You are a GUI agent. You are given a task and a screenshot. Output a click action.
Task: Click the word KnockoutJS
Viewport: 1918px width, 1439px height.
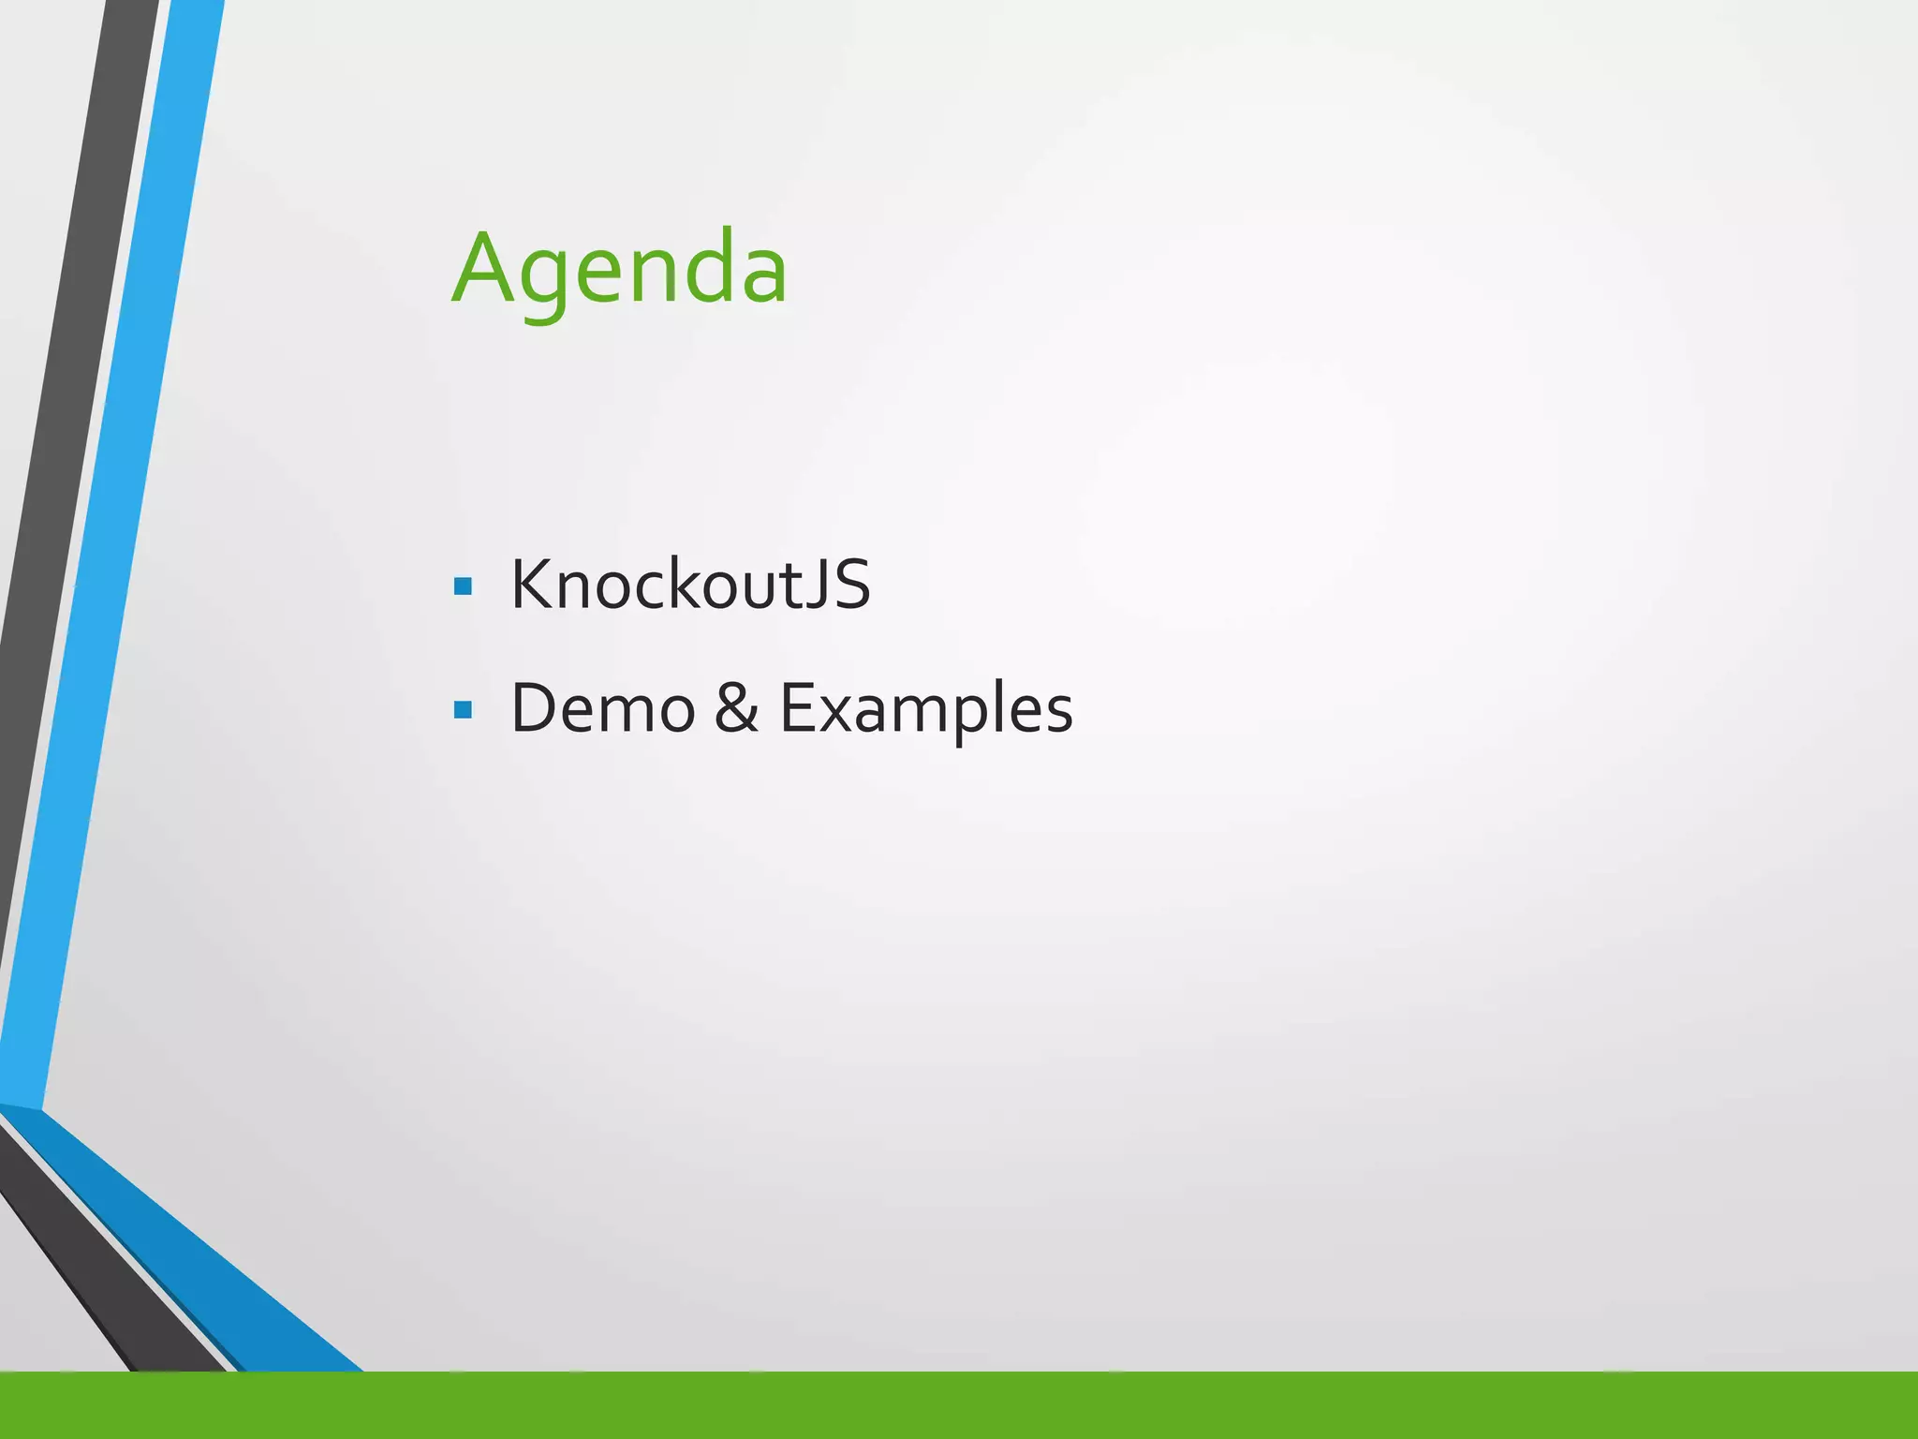tap(690, 585)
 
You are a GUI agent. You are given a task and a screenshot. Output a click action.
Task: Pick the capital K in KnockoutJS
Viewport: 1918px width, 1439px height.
tap(531, 585)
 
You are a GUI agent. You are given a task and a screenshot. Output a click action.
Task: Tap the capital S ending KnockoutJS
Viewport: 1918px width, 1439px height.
tap(851, 585)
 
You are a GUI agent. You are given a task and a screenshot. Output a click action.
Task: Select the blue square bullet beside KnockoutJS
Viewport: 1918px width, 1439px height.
tap(463, 587)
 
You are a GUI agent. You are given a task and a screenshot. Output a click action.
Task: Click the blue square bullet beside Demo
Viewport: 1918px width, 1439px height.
tap(463, 709)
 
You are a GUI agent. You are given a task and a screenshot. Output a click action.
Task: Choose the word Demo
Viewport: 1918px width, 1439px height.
tap(602, 708)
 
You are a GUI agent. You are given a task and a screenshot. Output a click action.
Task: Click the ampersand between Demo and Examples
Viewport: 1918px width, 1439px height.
tap(736, 708)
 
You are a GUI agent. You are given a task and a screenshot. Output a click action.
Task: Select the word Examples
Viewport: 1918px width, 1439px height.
tap(926, 710)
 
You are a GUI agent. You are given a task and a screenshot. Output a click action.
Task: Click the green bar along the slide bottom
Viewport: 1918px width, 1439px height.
tap(959, 1404)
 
